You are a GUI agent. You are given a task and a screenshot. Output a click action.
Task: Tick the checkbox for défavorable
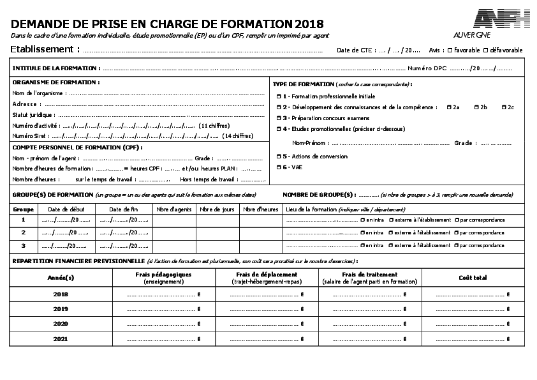pos(486,50)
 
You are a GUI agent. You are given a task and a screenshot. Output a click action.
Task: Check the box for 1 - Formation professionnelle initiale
pos(279,96)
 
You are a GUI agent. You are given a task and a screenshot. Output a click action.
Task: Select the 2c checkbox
pos(504,107)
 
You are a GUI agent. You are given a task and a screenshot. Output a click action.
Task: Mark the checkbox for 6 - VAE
pos(279,167)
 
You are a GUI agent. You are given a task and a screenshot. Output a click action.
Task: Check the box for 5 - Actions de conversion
pos(279,156)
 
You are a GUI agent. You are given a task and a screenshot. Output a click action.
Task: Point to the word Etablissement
pos(42,49)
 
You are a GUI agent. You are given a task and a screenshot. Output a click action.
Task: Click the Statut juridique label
pos(33,115)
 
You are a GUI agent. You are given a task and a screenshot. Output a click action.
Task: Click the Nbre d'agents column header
pos(174,209)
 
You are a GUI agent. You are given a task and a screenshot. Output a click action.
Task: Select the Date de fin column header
pos(123,209)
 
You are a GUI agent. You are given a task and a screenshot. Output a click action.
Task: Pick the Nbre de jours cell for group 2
pos(217,232)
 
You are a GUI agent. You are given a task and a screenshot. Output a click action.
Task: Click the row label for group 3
pos(24,245)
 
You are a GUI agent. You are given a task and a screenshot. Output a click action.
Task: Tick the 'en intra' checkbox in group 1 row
pos(362,220)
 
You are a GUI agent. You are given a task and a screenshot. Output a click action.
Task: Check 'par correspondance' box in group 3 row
pos(457,245)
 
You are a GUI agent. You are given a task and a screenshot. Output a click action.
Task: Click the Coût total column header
pos(473,277)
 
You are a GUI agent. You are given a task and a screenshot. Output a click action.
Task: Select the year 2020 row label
pos(61,324)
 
